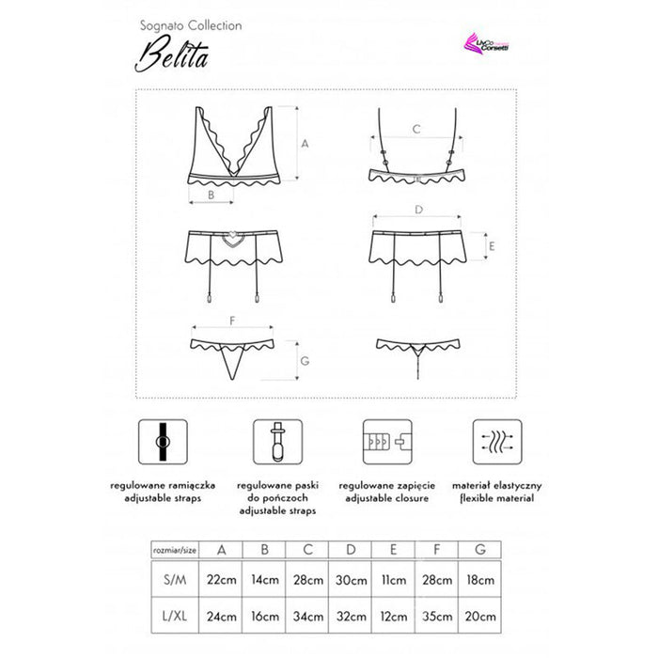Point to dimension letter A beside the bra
304,144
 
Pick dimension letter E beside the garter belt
491,248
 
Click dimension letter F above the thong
231,321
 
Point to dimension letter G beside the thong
304,360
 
